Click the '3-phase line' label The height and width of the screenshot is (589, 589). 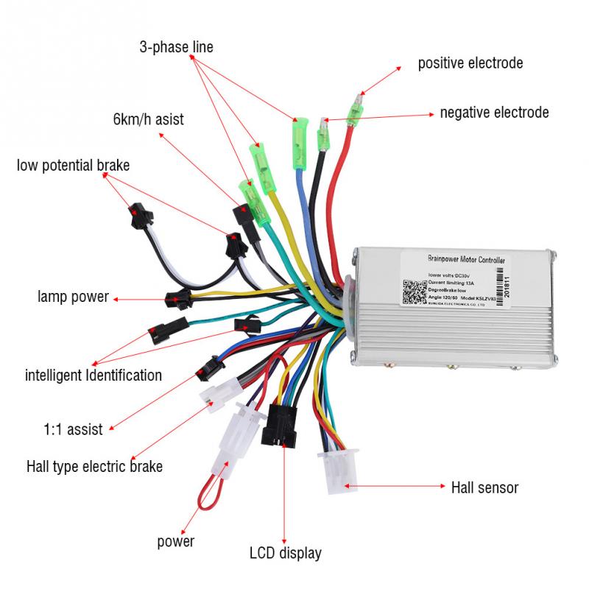point(176,47)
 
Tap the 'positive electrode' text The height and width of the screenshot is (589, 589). point(470,63)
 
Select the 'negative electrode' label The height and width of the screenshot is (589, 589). point(494,113)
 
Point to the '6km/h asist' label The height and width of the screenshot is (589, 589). point(148,119)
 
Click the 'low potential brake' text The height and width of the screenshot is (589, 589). point(73,165)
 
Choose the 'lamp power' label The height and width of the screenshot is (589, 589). point(73,297)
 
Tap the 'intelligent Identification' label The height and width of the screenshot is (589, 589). point(94,375)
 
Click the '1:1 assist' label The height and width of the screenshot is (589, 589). point(70,429)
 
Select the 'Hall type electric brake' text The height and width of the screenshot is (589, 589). point(94,466)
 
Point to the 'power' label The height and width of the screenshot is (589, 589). point(176,542)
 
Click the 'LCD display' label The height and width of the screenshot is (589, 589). point(286,552)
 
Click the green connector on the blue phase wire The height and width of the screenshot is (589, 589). point(298,131)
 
